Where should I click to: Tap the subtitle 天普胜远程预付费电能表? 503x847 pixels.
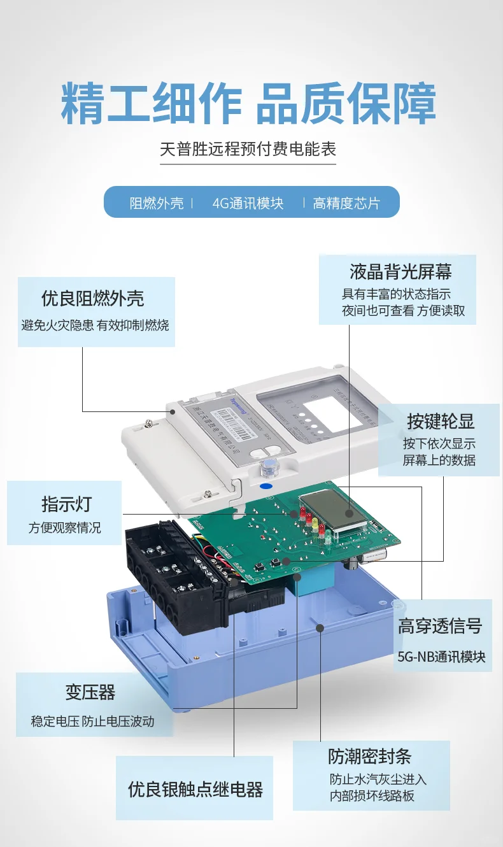click(248, 149)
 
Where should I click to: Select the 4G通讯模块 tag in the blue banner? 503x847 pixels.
click(248, 203)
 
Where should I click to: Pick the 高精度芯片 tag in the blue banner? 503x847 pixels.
click(346, 203)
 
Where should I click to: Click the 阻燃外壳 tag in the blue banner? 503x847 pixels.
click(157, 203)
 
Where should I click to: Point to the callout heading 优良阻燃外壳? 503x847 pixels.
click(93, 298)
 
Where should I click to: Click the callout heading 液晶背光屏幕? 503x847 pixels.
click(400, 272)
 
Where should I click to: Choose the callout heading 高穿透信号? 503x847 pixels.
click(440, 625)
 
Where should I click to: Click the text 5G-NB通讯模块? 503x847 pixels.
click(441, 657)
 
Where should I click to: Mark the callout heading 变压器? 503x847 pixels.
click(90, 692)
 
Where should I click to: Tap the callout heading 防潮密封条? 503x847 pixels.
click(370, 756)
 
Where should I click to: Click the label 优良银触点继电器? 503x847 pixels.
click(195, 790)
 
